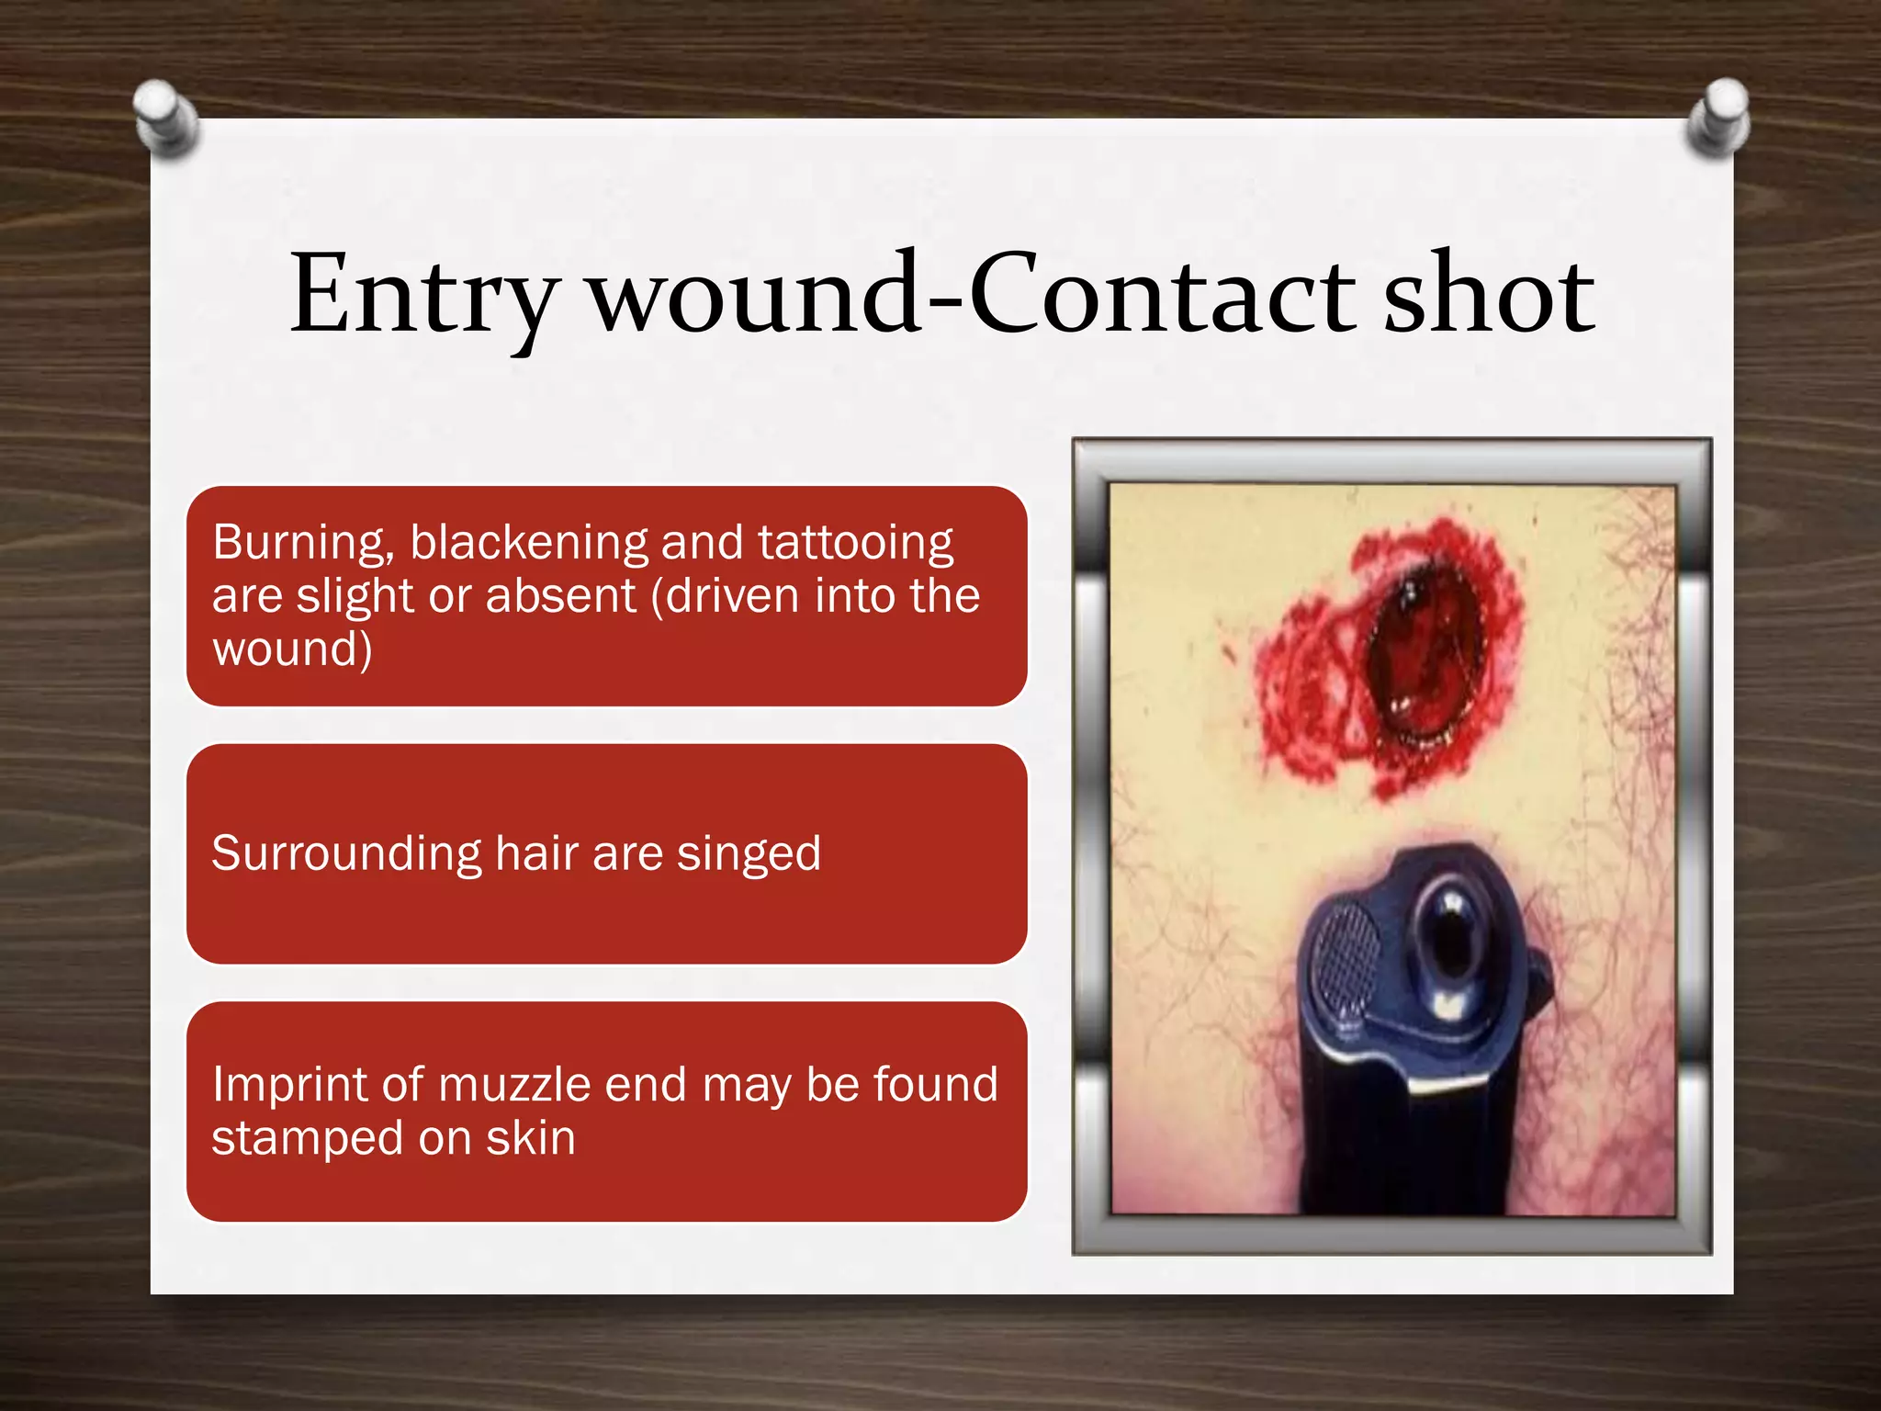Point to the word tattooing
[855, 543]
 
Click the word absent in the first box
[560, 595]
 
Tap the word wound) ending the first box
[292, 649]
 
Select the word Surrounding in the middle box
[346, 853]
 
